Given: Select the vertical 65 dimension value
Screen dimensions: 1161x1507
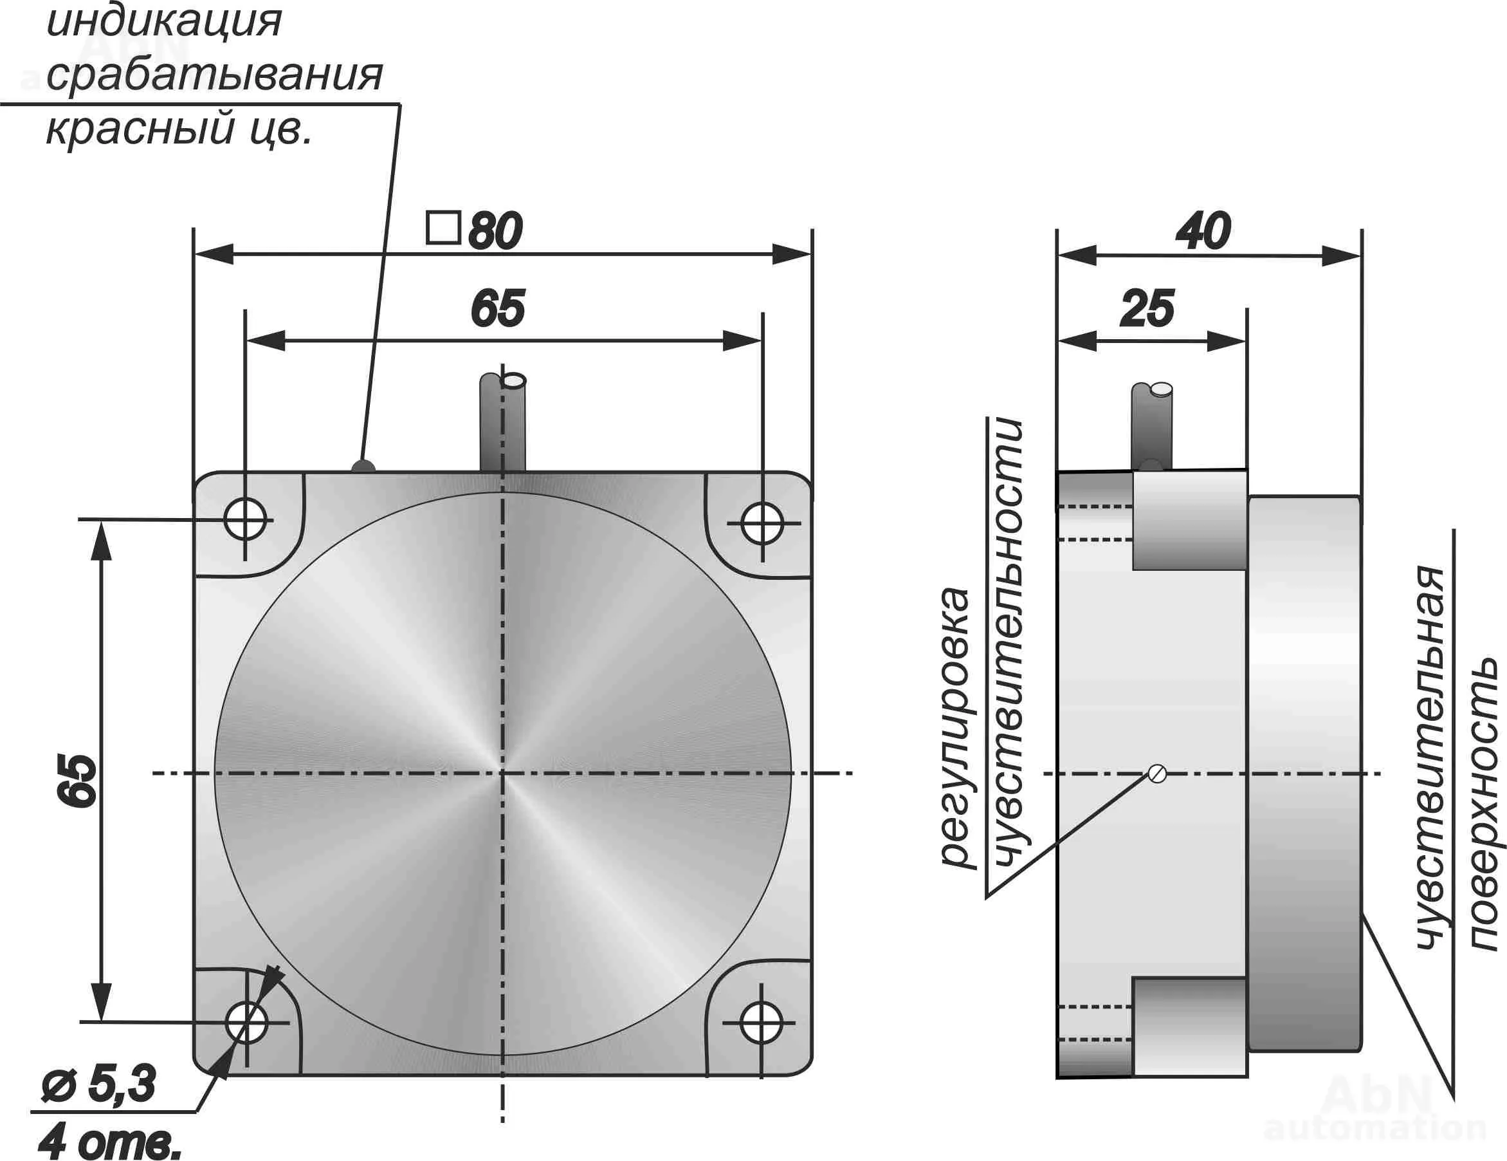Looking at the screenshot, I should coord(77,780).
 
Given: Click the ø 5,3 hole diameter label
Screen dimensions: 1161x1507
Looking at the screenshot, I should coord(98,1084).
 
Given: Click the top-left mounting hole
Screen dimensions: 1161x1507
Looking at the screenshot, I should coord(245,519).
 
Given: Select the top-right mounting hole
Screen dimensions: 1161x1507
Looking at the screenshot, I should coord(762,524).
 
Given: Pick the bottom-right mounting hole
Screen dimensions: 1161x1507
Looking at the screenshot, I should coord(761,1023).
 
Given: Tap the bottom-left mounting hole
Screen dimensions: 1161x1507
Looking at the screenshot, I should coord(246,1022).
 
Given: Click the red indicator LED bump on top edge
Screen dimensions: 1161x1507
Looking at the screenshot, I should coord(363,467).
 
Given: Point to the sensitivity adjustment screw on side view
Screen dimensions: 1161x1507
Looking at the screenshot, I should coord(1158,774).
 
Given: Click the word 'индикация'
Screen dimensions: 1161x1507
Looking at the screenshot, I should coord(164,21).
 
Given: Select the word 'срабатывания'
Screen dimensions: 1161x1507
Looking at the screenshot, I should coord(214,75).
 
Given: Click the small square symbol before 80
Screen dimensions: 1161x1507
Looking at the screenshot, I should coord(443,228).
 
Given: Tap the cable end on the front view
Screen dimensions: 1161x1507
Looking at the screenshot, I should coord(513,380).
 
